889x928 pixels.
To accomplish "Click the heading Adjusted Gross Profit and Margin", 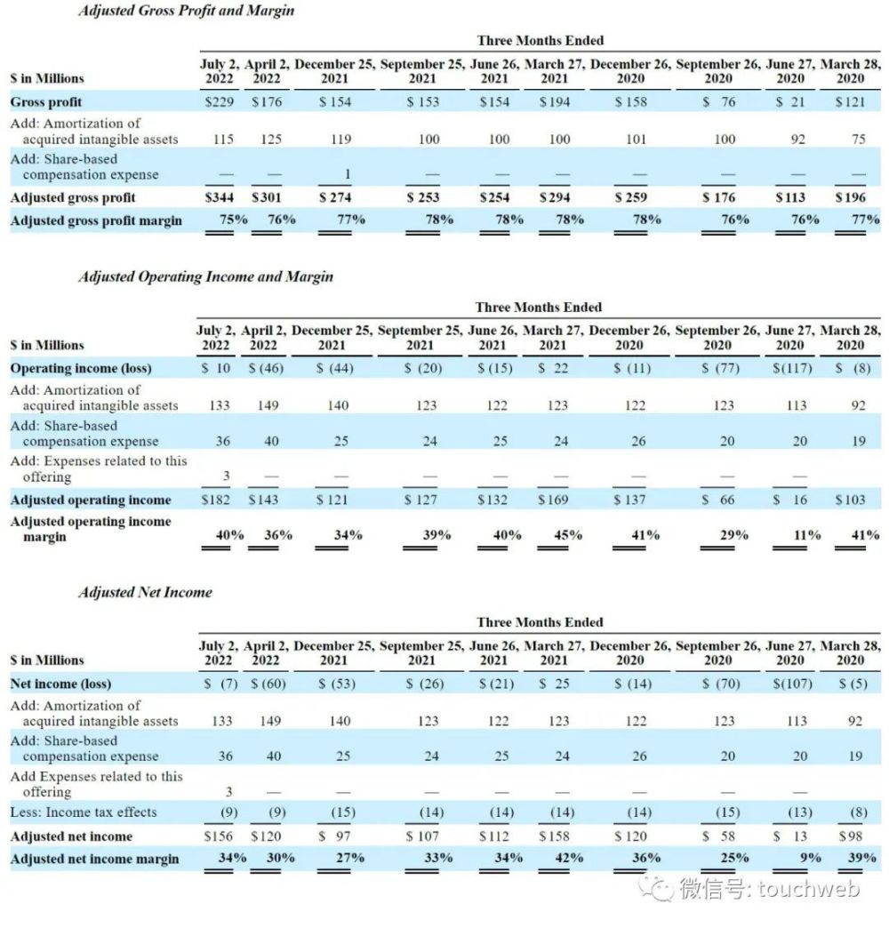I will click(186, 11).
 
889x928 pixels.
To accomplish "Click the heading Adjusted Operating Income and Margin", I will click(205, 276).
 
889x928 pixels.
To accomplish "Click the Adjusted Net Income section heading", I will click(145, 592).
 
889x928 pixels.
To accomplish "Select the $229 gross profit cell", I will click(219, 101).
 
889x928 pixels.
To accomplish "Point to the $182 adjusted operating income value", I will click(218, 500).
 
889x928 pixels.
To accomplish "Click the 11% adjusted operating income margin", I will click(806, 535).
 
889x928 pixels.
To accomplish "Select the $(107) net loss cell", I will click(791, 684).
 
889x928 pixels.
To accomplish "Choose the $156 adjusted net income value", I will click(219, 836).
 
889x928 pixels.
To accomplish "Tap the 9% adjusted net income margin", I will click(809, 859).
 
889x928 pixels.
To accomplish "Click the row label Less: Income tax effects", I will click(84, 812).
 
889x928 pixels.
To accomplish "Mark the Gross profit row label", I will click(45, 101).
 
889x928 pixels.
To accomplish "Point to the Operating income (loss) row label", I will click(81, 368).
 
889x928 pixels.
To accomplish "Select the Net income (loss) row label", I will click(60, 684).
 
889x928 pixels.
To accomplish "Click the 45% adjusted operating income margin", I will click(566, 535).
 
